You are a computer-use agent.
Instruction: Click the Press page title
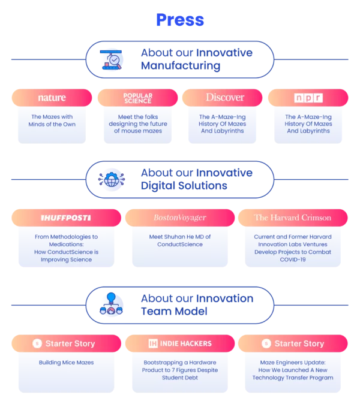[180, 20]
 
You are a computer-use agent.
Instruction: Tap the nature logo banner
[52, 98]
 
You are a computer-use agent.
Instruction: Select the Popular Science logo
[137, 98]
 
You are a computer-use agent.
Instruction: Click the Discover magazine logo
[225, 97]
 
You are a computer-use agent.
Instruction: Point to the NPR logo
[308, 98]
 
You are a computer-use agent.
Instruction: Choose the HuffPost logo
[66, 218]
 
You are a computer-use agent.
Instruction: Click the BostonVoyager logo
[180, 218]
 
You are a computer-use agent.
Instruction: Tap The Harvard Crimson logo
[293, 218]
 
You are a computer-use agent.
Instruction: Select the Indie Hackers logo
[180, 343]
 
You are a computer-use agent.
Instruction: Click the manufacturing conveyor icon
[111, 60]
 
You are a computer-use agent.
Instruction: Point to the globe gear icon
[112, 180]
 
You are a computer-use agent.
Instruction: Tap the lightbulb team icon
[111, 304]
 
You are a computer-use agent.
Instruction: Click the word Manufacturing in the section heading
[181, 66]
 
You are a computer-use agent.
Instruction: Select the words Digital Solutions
[184, 186]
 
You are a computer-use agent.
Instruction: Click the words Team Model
[174, 311]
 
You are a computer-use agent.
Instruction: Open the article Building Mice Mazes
[66, 363]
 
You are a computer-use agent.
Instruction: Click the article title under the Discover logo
[223, 124]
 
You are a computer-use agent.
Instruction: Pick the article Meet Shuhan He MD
[180, 240]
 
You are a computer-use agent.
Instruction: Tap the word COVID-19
[293, 260]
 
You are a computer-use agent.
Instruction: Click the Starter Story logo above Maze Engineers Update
[293, 343]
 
